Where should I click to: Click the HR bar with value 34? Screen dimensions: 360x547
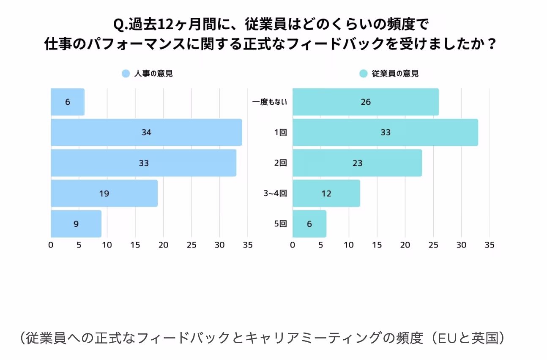(146, 132)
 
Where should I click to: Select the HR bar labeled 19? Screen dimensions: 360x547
(104, 194)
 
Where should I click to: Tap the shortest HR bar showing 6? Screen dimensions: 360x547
(68, 102)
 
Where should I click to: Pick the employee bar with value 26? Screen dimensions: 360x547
(366, 102)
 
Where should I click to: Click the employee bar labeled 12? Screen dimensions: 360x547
(326, 194)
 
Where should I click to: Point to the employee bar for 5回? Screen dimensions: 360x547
(309, 224)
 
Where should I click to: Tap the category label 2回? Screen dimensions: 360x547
(280, 163)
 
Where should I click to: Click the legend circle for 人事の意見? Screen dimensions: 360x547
(126, 74)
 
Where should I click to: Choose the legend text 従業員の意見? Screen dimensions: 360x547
(395, 74)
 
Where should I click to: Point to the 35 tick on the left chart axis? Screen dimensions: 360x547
(248, 245)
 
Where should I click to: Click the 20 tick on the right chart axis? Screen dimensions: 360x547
(405, 245)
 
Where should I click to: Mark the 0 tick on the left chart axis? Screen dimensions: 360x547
(51, 245)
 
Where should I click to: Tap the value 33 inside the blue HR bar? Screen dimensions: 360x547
(144, 163)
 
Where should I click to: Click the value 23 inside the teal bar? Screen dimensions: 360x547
(357, 163)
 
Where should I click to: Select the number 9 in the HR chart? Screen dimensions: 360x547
(76, 224)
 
